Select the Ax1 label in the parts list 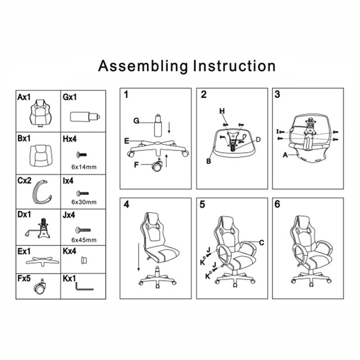tap(24, 96)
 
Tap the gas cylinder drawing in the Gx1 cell tap(84, 116)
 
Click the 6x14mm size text tap(85, 167)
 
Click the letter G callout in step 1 tap(136, 121)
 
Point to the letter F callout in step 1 tap(136, 165)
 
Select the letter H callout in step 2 tap(222, 111)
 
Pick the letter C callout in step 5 tap(261, 242)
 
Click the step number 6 tap(277, 204)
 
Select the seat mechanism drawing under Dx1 tap(40, 229)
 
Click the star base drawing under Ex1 tap(39, 261)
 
